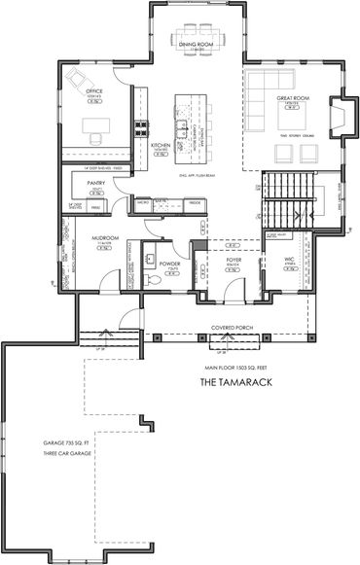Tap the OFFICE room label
(x=93, y=92)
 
